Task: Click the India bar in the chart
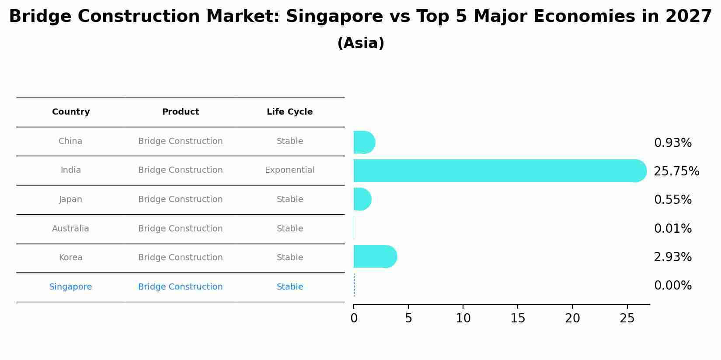click(498, 171)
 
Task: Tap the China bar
click(364, 142)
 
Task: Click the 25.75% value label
click(676, 171)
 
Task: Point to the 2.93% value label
click(672, 257)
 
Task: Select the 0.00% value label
click(672, 286)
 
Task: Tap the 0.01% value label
click(672, 229)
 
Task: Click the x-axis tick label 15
click(518, 318)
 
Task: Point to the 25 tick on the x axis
click(627, 318)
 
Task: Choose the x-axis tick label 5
click(408, 318)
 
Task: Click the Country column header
click(71, 112)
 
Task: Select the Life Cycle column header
click(289, 112)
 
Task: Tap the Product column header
click(180, 112)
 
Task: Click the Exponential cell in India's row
click(289, 170)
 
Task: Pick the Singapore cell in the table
click(70, 287)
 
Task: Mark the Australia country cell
click(70, 229)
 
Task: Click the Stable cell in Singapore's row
click(289, 287)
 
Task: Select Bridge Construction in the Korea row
click(180, 258)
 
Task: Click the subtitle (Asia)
click(361, 43)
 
